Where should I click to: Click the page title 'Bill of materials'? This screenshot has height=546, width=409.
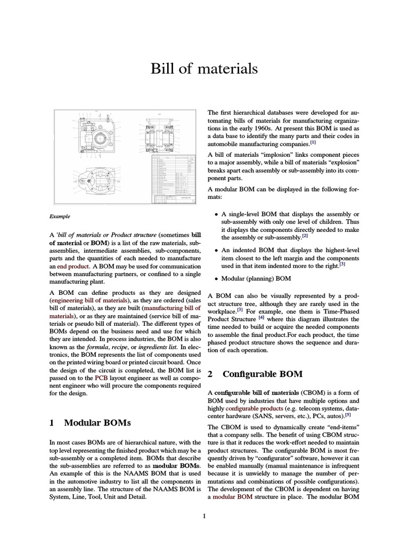pos(204,69)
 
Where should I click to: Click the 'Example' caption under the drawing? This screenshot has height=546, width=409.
pos(60,216)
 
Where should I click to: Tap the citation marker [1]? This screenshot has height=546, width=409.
pos(313,143)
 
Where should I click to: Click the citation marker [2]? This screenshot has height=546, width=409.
pos(305,236)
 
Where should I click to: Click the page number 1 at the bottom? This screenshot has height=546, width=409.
pos(204,516)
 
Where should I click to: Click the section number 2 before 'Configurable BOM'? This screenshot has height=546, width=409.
pos(210,374)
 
